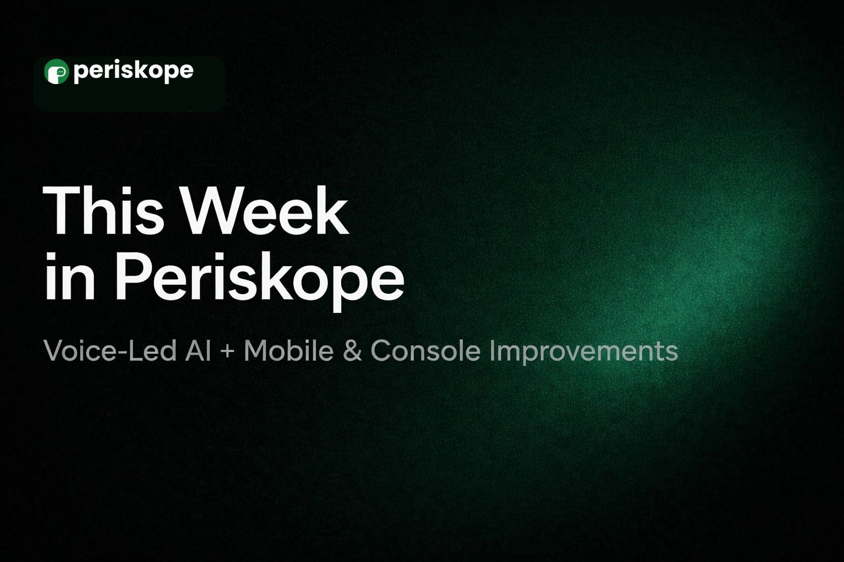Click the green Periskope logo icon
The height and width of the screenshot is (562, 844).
click(57, 71)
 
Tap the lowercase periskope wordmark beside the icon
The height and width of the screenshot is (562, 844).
click(134, 71)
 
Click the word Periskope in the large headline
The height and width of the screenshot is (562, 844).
click(259, 282)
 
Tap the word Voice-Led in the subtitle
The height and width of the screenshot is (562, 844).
click(110, 351)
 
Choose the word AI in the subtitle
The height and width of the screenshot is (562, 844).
click(198, 351)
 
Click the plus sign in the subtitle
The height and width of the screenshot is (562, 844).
click(227, 352)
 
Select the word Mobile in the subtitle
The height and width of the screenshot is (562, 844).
click(288, 351)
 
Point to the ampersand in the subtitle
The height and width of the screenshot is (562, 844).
click(352, 351)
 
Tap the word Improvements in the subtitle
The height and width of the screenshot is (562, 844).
click(584, 352)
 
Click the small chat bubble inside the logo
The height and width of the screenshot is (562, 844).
click(60, 71)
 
